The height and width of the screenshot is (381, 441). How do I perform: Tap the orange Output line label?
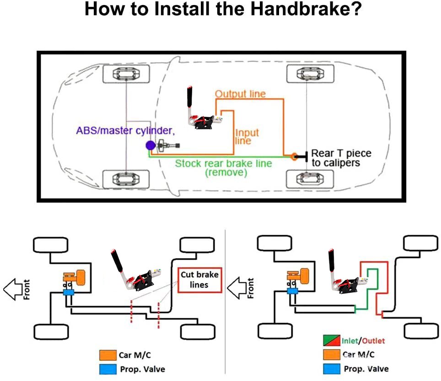[x=240, y=94]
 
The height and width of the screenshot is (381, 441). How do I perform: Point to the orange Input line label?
[x=247, y=137]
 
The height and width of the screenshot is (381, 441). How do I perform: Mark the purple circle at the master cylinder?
[x=150, y=146]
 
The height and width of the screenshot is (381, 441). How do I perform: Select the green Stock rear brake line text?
[x=224, y=164]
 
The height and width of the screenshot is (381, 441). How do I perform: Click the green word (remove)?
[x=226, y=173]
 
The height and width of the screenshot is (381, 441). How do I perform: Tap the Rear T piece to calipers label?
[x=341, y=158]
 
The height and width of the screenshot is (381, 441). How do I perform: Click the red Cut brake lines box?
[x=200, y=280]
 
